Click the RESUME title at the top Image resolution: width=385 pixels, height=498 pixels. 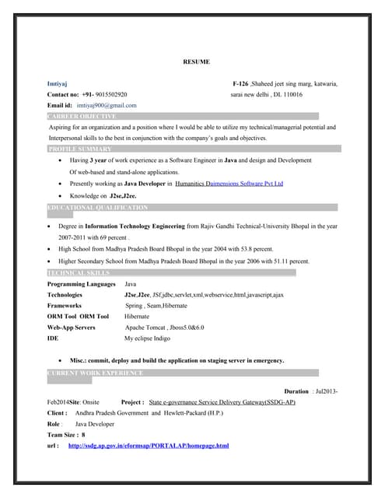[x=196, y=61]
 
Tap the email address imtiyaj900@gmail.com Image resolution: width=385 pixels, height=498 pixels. [x=107, y=104]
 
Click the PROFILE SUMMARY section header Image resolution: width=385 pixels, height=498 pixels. [x=80, y=149]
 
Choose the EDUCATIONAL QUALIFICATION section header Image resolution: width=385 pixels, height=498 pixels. [x=97, y=209]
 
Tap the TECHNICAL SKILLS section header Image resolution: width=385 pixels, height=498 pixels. [x=79, y=273]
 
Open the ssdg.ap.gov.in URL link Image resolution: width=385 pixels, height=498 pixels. [x=149, y=446]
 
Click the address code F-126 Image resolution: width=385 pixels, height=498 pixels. [x=240, y=82]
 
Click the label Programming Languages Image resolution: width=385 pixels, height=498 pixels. [x=81, y=285]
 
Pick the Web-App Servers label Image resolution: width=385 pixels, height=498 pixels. [x=72, y=328]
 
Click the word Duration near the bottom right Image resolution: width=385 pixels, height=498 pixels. [x=296, y=391]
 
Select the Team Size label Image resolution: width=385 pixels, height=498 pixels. [x=64, y=435]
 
